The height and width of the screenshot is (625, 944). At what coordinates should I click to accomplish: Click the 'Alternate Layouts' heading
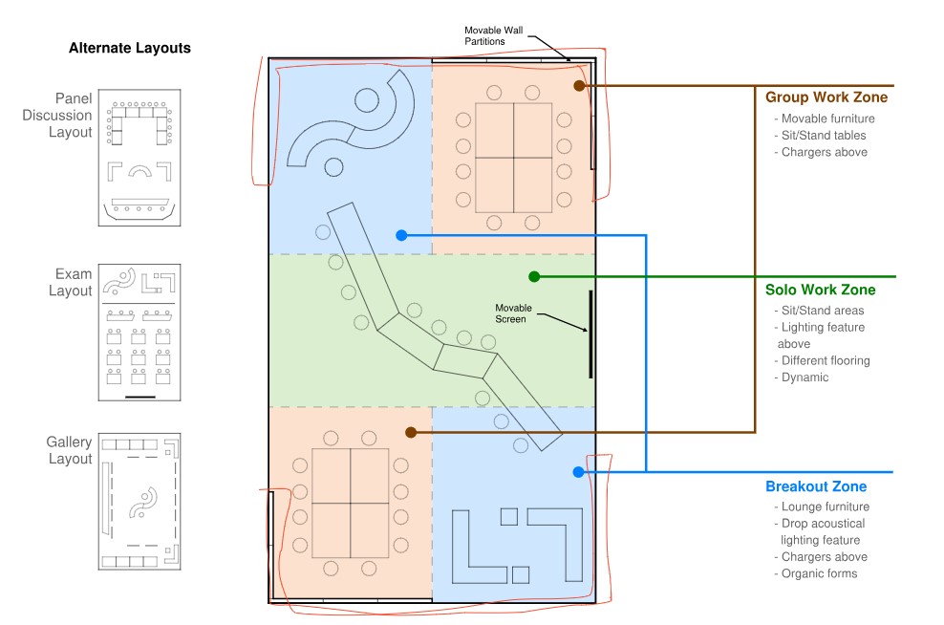(x=129, y=48)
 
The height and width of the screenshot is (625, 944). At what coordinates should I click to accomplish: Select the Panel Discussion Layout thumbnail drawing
(x=139, y=158)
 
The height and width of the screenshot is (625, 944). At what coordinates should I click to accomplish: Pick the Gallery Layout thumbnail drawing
(x=139, y=502)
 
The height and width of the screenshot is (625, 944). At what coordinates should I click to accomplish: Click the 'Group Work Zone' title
(x=826, y=97)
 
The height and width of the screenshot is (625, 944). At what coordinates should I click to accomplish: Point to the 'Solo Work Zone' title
(x=820, y=290)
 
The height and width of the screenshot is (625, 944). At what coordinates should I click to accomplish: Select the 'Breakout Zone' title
(x=816, y=486)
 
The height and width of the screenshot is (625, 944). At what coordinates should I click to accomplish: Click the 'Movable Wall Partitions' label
(x=494, y=36)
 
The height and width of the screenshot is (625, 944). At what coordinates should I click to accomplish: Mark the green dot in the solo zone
(x=534, y=276)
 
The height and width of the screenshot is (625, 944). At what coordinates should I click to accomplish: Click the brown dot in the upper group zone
(x=579, y=86)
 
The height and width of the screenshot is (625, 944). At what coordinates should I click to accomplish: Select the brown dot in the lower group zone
(x=411, y=432)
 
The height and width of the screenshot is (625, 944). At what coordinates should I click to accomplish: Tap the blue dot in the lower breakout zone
(x=578, y=472)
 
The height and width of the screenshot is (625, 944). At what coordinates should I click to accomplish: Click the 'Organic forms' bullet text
(x=819, y=574)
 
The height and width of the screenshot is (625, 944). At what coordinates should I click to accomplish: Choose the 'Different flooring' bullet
(x=825, y=361)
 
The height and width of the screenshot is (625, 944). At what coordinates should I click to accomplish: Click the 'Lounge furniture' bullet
(x=825, y=506)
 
